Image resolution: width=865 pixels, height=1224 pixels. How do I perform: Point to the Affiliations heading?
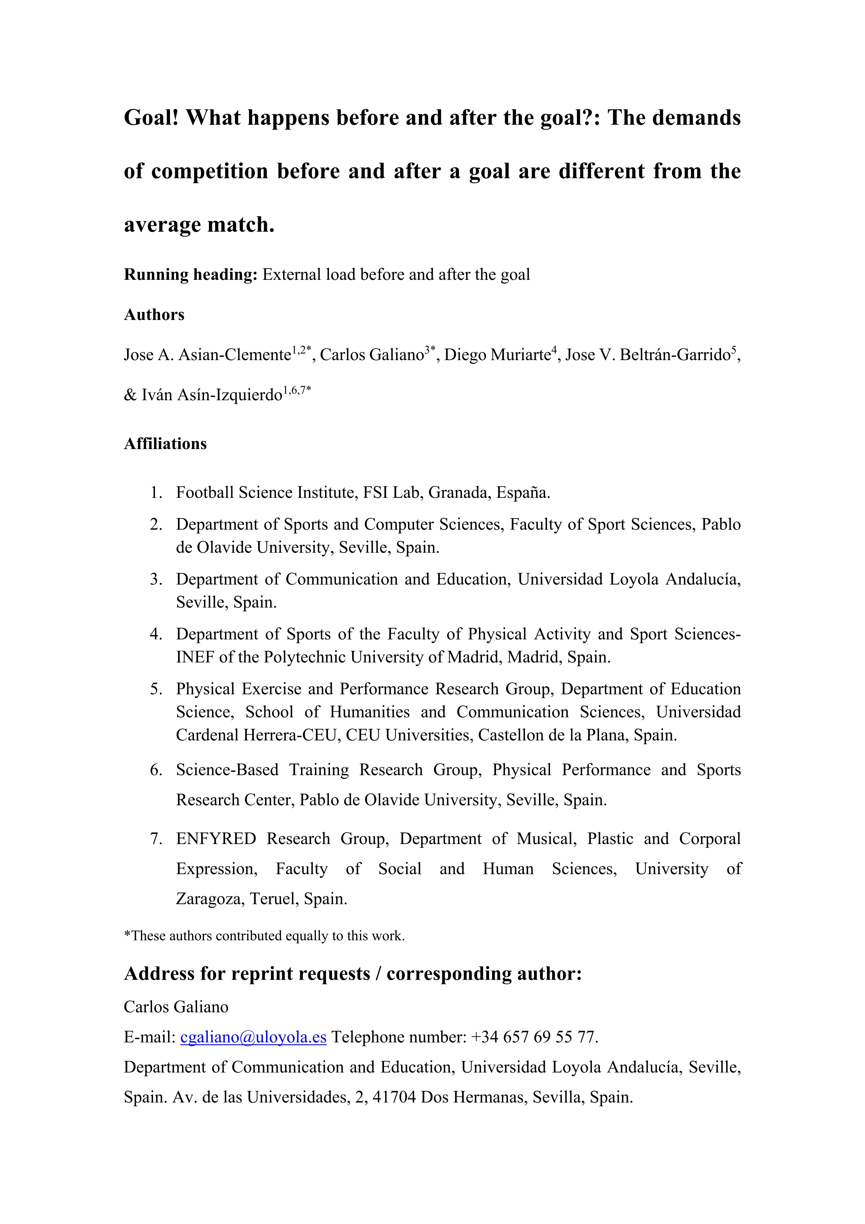[165, 443]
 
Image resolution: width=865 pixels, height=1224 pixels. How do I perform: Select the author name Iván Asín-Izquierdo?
[211, 395]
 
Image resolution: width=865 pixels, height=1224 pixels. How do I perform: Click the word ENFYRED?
[216, 838]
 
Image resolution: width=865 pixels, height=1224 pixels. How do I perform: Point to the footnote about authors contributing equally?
[264, 935]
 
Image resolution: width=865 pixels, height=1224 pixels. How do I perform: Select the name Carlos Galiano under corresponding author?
[176, 1007]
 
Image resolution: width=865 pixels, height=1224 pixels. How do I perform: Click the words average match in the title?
[199, 225]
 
